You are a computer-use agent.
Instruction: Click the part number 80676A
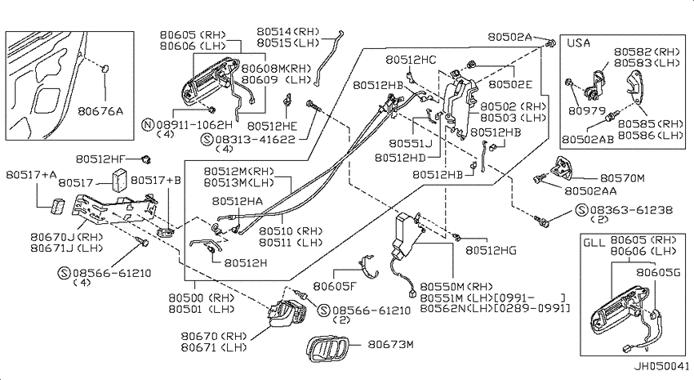click(x=100, y=110)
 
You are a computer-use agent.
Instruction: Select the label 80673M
click(x=390, y=344)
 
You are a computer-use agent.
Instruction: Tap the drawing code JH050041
click(x=662, y=366)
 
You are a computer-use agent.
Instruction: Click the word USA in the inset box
click(x=579, y=43)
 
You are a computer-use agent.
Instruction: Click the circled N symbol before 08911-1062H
click(x=148, y=125)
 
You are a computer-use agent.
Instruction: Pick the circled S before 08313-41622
click(x=207, y=140)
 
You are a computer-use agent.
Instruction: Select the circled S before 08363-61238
click(x=581, y=210)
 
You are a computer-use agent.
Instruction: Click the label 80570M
click(x=622, y=178)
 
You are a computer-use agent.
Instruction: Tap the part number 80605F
click(x=335, y=286)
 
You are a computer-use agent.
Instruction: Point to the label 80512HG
click(x=491, y=250)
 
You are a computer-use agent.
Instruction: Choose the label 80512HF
click(x=101, y=159)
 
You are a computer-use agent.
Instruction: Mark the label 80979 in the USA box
click(x=587, y=110)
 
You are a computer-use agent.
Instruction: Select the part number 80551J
click(x=411, y=144)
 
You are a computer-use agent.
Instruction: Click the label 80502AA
click(x=590, y=191)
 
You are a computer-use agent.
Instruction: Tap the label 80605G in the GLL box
click(x=658, y=272)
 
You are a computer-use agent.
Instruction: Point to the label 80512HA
click(x=238, y=202)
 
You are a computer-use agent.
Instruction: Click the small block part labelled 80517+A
click(x=57, y=207)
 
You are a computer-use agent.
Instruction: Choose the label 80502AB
click(x=588, y=140)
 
